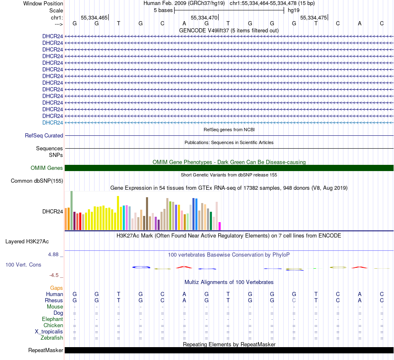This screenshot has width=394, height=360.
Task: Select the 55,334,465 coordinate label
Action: click(x=94, y=18)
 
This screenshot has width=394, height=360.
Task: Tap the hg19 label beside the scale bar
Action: click(x=294, y=10)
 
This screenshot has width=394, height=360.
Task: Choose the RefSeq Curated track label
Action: click(x=44, y=135)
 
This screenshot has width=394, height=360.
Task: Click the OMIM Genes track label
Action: click(x=47, y=168)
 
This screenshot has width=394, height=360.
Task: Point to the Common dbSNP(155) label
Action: click(x=37, y=181)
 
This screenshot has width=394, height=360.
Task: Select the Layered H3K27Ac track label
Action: click(x=34, y=241)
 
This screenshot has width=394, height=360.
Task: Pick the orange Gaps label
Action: click(x=56, y=288)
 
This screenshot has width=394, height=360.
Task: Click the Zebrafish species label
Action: click(x=52, y=338)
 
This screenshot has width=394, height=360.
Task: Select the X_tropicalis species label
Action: click(x=49, y=332)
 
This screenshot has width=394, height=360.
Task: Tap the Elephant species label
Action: click(x=52, y=319)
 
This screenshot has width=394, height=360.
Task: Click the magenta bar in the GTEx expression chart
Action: click(x=220, y=226)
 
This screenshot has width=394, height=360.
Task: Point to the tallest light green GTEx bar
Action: click(x=72, y=210)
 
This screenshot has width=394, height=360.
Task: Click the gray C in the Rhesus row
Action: click(x=294, y=300)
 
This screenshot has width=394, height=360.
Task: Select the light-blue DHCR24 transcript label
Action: click(x=53, y=122)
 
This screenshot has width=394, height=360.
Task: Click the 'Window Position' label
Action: click(x=43, y=3)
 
